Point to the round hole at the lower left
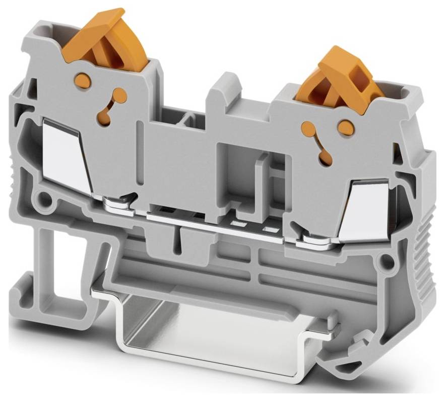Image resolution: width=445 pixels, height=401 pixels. pos(44,201)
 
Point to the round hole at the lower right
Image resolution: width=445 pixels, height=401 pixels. pos(387,261)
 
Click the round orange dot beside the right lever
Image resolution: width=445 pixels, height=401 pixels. pos(346,128)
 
